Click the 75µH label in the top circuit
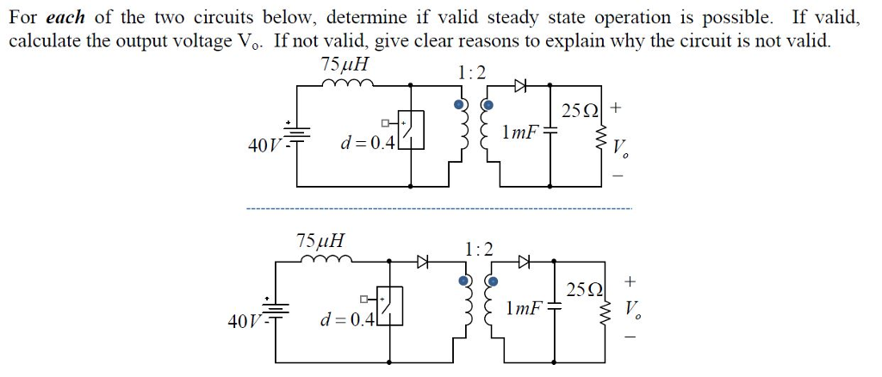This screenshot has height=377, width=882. pyautogui.click(x=344, y=65)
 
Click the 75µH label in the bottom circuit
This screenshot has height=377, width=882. pyautogui.click(x=320, y=240)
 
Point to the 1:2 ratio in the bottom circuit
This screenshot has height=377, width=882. pyautogui.click(x=479, y=249)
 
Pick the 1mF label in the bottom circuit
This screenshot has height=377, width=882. pyautogui.click(x=526, y=307)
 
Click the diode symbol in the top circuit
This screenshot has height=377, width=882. pyautogui.click(x=519, y=84)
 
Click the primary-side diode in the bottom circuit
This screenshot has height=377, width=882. pyautogui.click(x=423, y=261)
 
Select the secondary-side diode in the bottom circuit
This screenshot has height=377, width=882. pyautogui.click(x=525, y=261)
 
